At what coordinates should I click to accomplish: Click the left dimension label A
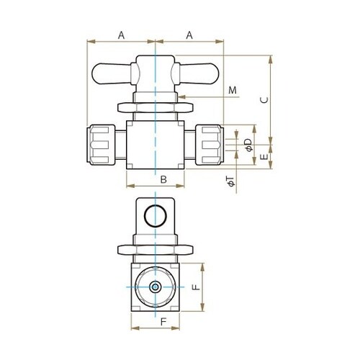(x=122, y=35)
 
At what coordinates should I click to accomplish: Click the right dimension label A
(x=189, y=35)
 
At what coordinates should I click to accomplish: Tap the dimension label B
(x=163, y=179)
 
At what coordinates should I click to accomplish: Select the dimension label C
(x=264, y=100)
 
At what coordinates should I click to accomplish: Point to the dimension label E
(x=264, y=157)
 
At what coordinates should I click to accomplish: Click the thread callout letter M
(x=233, y=90)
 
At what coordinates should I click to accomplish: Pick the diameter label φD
(x=249, y=145)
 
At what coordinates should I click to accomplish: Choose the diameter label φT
(x=230, y=181)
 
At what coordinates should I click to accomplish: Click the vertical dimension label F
(x=196, y=287)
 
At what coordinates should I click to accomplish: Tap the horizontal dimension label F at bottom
(x=163, y=322)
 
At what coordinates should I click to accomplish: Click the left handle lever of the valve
(x=112, y=74)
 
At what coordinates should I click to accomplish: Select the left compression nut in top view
(x=101, y=145)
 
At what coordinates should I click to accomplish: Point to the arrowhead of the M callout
(x=182, y=97)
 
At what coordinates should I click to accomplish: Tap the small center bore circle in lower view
(x=156, y=287)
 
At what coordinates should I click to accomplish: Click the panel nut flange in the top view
(x=156, y=108)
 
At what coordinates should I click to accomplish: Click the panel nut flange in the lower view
(x=156, y=250)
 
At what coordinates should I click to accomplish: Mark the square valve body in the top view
(x=156, y=145)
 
